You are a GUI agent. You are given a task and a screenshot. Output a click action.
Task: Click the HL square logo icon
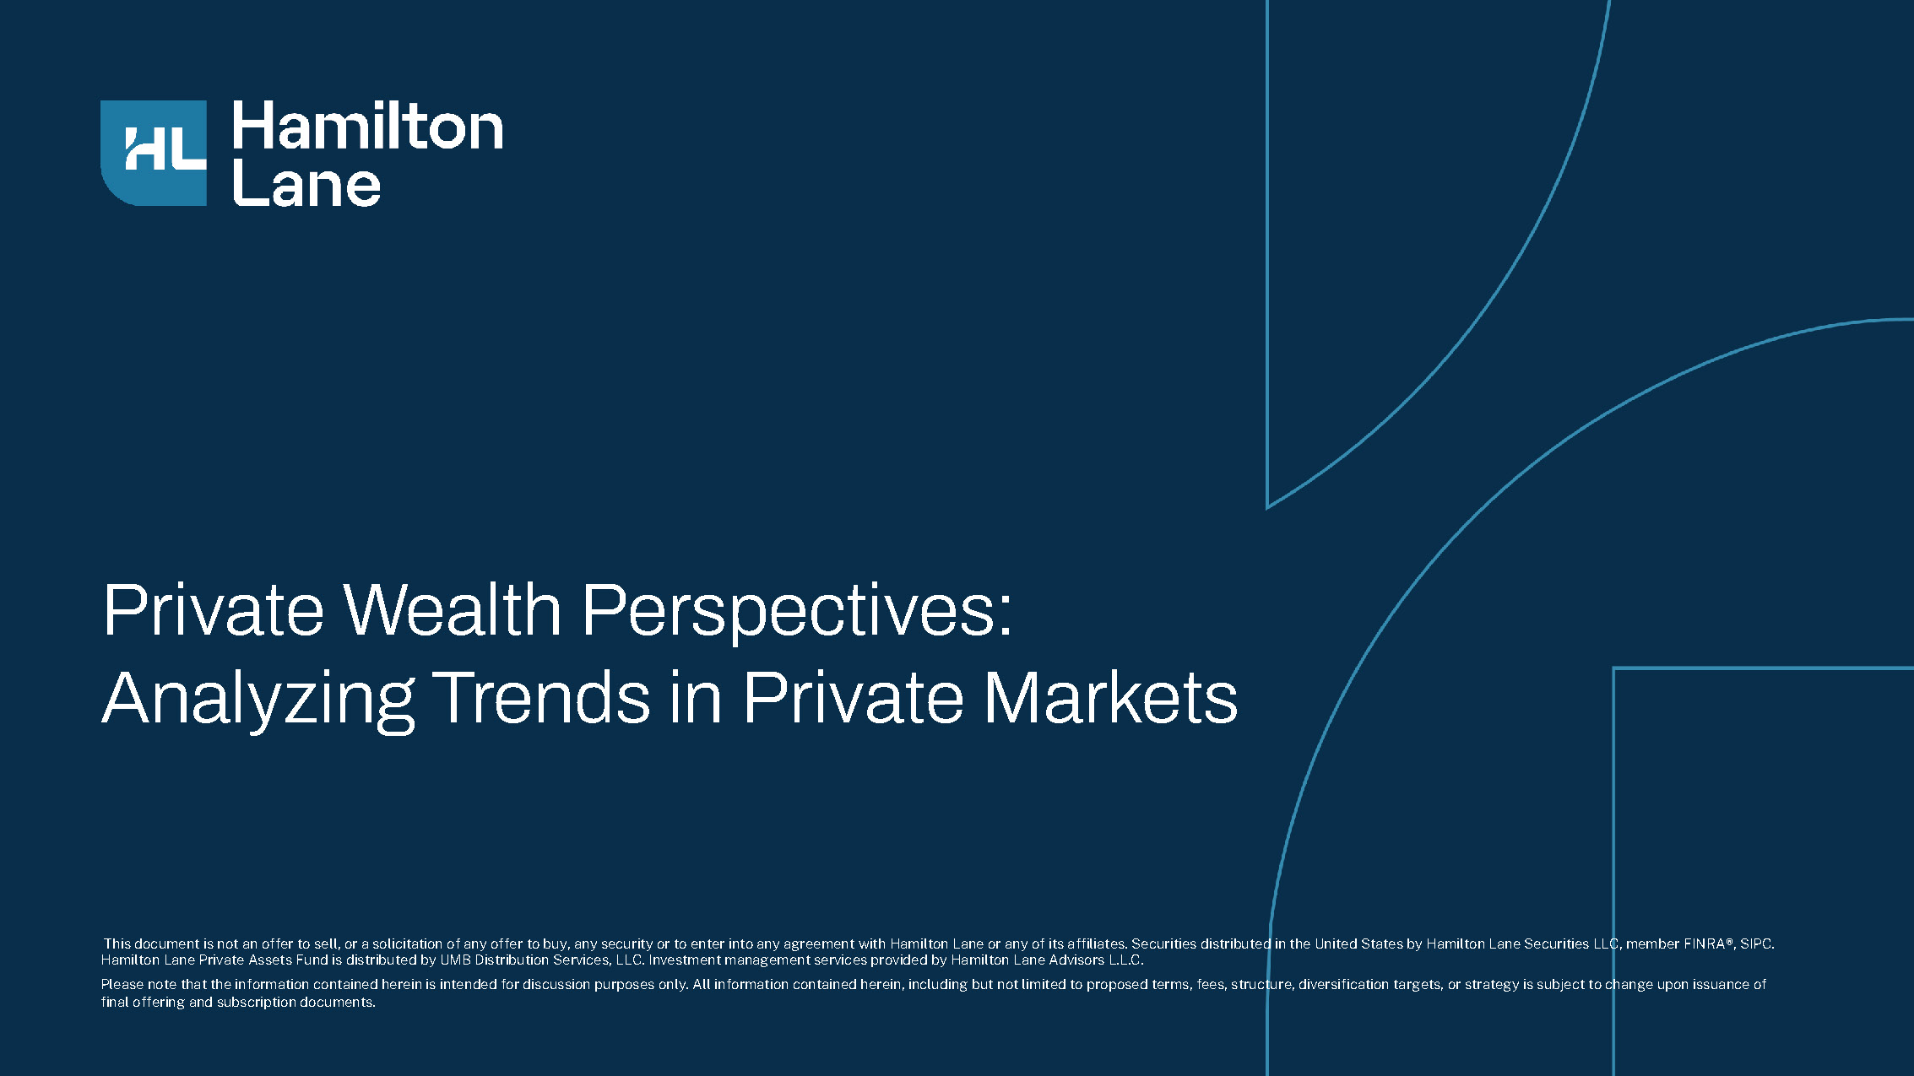pyautogui.click(x=154, y=153)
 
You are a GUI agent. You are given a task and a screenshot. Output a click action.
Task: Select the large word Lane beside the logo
pyautogui.click(x=306, y=183)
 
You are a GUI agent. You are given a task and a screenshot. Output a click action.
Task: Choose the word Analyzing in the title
pyautogui.click(x=258, y=700)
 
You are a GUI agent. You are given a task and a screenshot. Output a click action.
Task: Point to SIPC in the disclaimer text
pyautogui.click(x=1754, y=944)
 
